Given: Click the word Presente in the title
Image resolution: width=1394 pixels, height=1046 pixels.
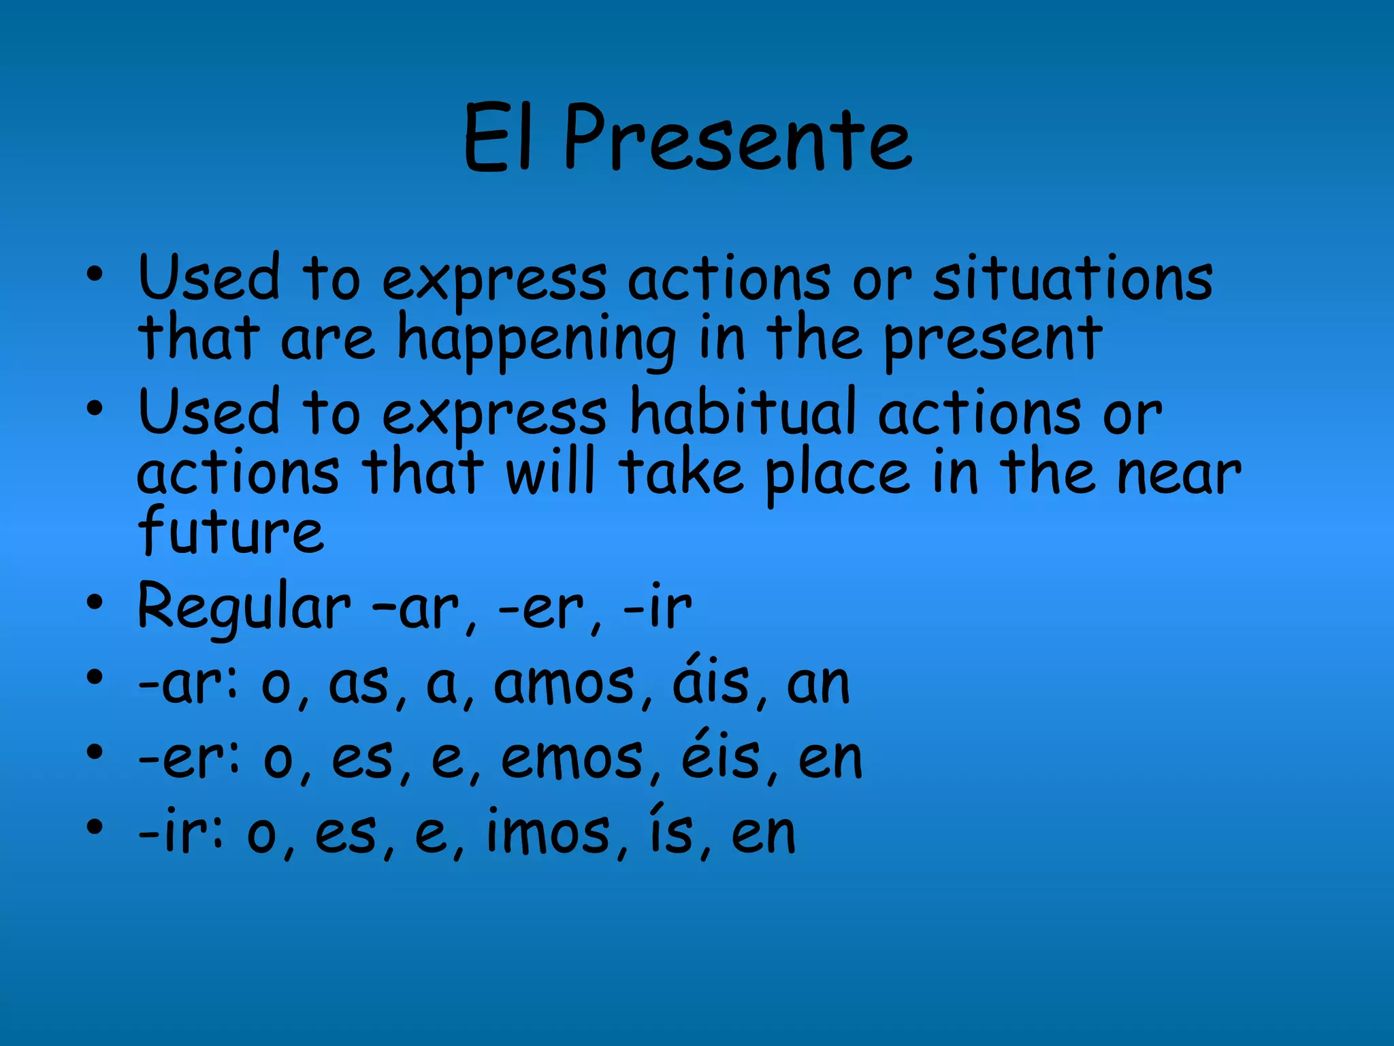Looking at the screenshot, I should [738, 140].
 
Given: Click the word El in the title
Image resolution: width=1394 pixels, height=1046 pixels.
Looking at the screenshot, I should [497, 140].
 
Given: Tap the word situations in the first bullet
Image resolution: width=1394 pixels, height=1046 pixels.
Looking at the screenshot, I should [1073, 279].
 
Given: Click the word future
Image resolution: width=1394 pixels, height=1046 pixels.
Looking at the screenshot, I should [230, 531].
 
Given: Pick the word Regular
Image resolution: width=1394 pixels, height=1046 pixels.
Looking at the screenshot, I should [244, 607].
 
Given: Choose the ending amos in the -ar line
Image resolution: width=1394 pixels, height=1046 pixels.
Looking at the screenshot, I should [564, 684].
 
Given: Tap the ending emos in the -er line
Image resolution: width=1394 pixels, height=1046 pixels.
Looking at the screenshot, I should [572, 759].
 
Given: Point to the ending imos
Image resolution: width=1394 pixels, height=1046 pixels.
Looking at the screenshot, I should [548, 834].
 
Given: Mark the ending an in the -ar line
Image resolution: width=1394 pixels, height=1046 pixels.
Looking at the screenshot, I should [818, 685].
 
